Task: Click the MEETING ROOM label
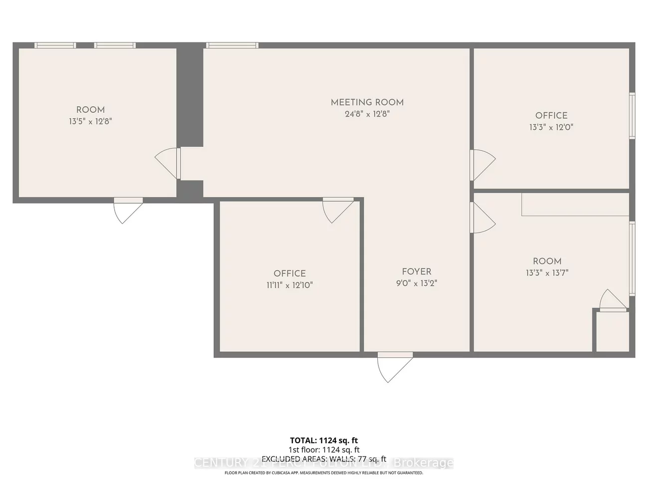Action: [x=367, y=102]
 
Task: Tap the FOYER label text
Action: [x=417, y=272]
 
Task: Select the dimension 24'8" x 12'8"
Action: [x=367, y=114]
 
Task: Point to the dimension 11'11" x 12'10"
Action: [x=290, y=285]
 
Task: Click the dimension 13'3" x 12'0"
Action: [x=551, y=127]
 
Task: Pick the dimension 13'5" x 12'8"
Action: [x=90, y=121]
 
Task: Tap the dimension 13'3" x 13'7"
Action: [x=547, y=273]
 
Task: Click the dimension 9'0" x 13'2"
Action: [x=417, y=284]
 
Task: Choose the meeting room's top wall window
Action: [x=232, y=45]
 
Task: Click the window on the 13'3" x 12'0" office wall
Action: [x=632, y=115]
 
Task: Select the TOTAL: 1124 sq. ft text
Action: [x=324, y=440]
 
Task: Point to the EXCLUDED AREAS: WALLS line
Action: [x=324, y=459]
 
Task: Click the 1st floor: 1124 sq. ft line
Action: [x=324, y=450]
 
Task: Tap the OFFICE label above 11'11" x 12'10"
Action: [x=290, y=273]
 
